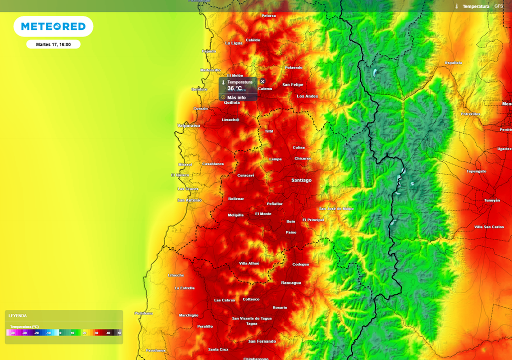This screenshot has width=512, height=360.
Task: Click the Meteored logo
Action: [53, 26]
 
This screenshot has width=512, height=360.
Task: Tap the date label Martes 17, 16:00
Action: [53, 44]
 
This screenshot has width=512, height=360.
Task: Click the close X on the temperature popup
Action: [262, 81]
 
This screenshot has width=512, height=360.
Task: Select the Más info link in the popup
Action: [236, 97]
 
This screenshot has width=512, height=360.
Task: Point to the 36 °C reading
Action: [234, 88]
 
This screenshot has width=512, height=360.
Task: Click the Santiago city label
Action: [301, 180]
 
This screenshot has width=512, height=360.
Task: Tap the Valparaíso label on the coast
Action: [188, 125]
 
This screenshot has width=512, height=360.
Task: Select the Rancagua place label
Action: [291, 282]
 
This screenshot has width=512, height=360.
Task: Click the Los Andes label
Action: [307, 96]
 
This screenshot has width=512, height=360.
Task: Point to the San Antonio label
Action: [189, 200]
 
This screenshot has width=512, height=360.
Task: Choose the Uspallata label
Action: [453, 63]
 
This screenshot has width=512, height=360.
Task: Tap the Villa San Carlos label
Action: [489, 227]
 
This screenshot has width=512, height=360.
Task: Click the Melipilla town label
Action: [235, 215]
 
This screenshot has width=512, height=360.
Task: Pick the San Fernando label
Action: [262, 341]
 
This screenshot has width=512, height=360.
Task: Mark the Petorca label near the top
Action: [268, 16]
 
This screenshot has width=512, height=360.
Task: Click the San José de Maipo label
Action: [336, 208]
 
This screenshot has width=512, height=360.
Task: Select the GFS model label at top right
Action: [498, 6]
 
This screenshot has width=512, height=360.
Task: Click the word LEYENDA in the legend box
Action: [17, 316]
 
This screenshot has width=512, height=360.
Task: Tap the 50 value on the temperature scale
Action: [119, 332]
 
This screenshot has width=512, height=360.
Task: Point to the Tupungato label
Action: [476, 171]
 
